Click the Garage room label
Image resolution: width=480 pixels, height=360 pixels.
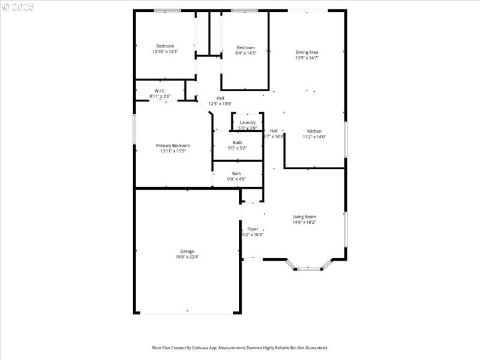[187, 251]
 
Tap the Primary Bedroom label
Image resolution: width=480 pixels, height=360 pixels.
[173, 146]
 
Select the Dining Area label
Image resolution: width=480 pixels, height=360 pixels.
[307, 52]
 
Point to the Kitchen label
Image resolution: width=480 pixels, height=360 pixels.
[314, 131]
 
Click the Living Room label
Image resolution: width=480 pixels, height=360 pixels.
[304, 217]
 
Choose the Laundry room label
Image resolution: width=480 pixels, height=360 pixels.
[247, 122]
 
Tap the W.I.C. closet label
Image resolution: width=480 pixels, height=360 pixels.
[160, 91]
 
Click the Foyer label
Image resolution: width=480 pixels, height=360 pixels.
[253, 229]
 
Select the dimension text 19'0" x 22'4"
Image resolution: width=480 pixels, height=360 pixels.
[187, 257]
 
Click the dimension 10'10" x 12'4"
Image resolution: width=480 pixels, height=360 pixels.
[165, 52]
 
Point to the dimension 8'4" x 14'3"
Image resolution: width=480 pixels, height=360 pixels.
[245, 53]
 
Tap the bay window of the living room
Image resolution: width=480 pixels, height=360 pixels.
[310, 268]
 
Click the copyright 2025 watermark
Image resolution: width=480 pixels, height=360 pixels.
[18, 7]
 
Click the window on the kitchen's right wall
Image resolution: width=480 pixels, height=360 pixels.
[345, 139]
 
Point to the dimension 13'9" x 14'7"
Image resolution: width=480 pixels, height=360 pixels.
[307, 58]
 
